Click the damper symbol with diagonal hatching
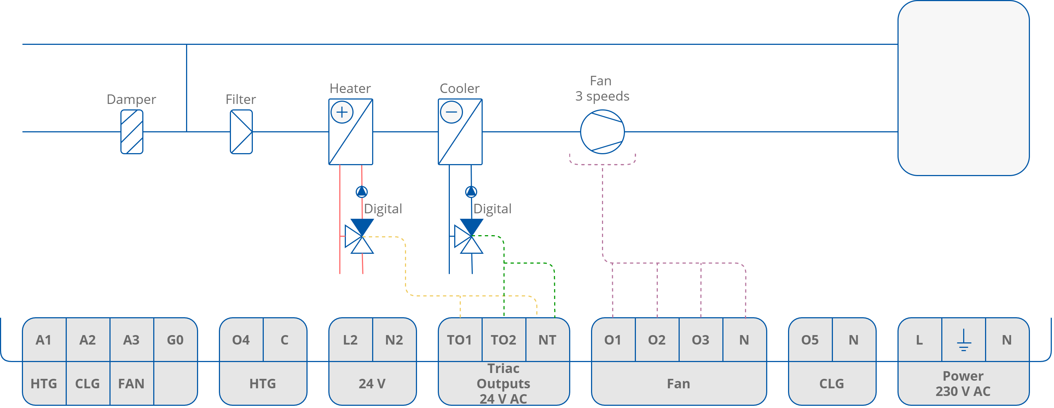click(132, 132)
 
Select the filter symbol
click(241, 132)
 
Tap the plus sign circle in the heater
click(341, 112)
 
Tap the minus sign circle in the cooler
click(451, 112)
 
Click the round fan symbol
click(602, 132)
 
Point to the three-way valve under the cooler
click(469, 237)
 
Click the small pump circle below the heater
click(362, 191)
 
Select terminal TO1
click(459, 340)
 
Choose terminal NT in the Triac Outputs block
click(547, 340)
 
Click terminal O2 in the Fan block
click(657, 340)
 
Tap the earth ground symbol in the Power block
click(964, 340)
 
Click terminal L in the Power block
click(919, 340)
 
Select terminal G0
click(175, 340)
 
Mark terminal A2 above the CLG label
click(88, 340)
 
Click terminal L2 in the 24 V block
click(350, 340)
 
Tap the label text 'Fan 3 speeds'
click(602, 88)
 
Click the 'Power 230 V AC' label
click(963, 384)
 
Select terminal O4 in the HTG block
click(241, 340)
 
